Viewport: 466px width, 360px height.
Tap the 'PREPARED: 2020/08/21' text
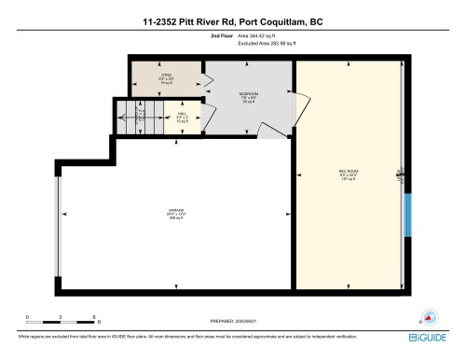232,322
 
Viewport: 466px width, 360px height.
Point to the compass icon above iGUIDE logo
430,316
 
